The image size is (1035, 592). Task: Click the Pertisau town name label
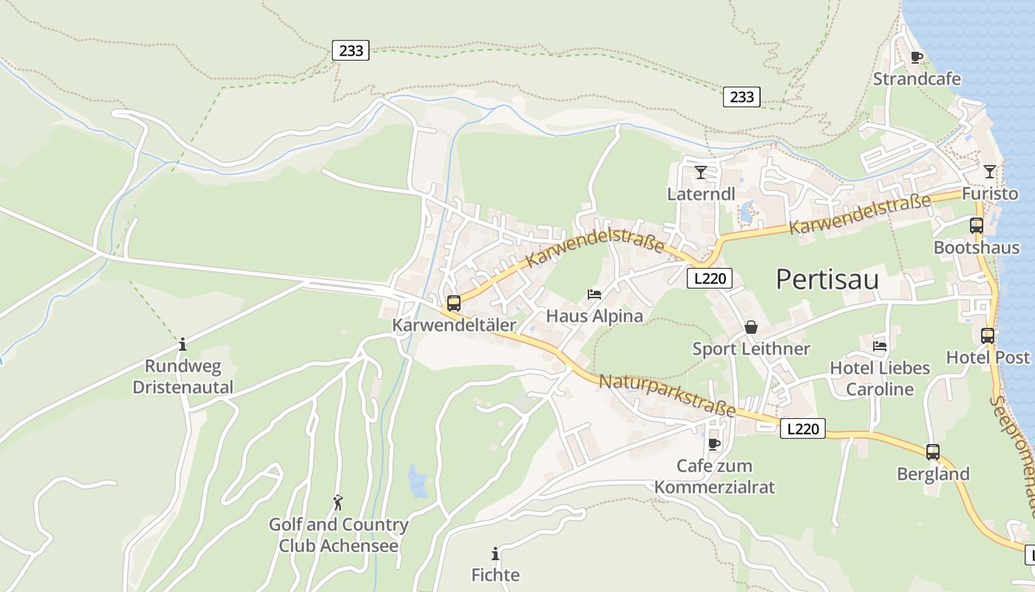click(827, 280)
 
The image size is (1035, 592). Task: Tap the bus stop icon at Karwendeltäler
click(454, 303)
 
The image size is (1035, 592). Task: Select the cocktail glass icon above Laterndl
click(701, 172)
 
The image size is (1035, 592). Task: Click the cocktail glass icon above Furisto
click(989, 172)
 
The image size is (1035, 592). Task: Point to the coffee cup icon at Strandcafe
click(917, 57)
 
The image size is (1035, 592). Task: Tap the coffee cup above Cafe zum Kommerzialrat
click(713, 444)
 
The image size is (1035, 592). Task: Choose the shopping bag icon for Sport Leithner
click(751, 327)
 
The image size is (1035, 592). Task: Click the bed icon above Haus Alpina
click(594, 295)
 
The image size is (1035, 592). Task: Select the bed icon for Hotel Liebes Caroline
click(880, 346)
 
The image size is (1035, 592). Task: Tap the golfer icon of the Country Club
click(338, 502)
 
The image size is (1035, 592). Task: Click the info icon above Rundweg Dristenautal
click(183, 344)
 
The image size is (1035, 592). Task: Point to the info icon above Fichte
click(495, 554)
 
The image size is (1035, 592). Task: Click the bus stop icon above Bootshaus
click(977, 226)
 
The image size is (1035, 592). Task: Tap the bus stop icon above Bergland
click(933, 451)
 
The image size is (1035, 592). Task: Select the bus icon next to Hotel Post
click(988, 335)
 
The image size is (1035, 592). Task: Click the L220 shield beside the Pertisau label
click(709, 278)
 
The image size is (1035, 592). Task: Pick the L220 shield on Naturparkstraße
click(802, 428)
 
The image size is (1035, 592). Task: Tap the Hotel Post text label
click(988, 357)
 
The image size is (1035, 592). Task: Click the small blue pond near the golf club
click(418, 482)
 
